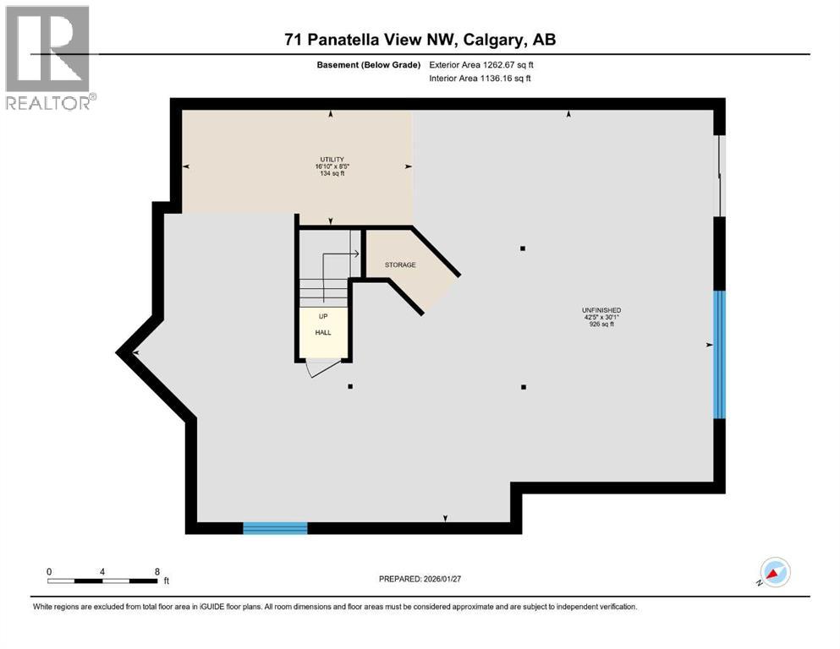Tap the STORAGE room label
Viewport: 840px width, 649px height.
tap(400, 265)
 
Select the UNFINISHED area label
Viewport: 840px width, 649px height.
tap(601, 310)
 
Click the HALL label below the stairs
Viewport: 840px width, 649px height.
tap(323, 333)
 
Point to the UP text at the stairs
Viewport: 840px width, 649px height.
tap(323, 318)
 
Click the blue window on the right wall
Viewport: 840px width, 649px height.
tap(719, 355)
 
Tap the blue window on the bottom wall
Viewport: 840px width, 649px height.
tap(275, 528)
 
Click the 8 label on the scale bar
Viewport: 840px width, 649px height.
tap(156, 571)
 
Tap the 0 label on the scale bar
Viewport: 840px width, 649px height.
tap(49, 571)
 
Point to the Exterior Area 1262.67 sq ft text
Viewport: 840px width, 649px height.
tap(481, 64)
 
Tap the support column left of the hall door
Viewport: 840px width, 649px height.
tap(350, 387)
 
